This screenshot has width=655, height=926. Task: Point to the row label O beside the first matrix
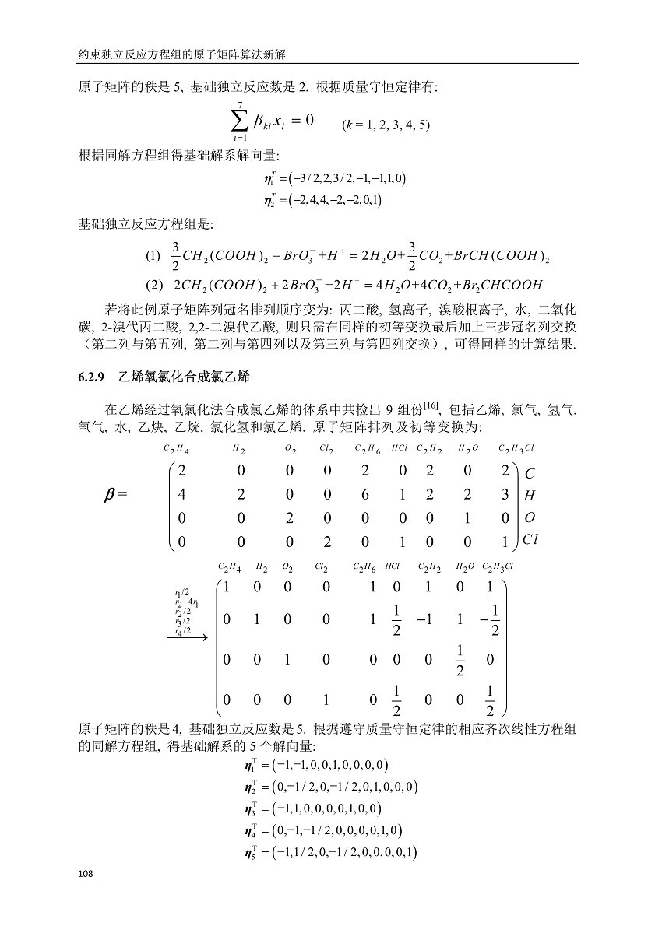coord(528,517)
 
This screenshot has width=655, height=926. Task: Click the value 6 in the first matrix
coord(368,495)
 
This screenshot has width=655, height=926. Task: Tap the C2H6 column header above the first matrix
coord(367,449)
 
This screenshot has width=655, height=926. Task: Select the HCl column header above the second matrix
coord(392,566)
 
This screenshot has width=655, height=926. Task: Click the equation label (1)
coord(153,255)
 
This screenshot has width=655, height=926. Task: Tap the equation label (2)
coord(153,285)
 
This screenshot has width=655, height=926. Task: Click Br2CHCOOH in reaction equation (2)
coord(497,285)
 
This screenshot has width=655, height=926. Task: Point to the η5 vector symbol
coord(251,854)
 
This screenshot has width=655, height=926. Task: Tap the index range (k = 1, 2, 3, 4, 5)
coord(386,125)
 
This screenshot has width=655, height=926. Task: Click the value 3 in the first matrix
coord(505,495)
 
